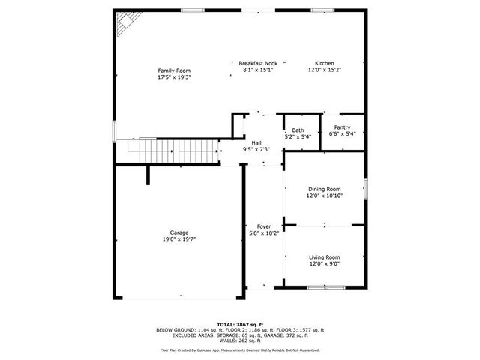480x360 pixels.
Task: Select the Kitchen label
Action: pyautogui.click(x=324, y=64)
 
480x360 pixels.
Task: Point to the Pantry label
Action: pyautogui.click(x=342, y=127)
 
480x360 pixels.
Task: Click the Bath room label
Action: pyautogui.click(x=298, y=130)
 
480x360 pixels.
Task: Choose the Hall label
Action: pyautogui.click(x=256, y=142)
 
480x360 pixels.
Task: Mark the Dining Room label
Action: pyautogui.click(x=324, y=189)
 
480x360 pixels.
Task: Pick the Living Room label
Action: pyautogui.click(x=324, y=257)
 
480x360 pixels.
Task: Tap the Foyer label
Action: pyautogui.click(x=264, y=226)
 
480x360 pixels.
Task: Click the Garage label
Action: pyautogui.click(x=178, y=232)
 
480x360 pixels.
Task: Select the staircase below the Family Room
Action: pyautogui.click(x=173, y=152)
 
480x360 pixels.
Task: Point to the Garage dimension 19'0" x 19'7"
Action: pyautogui.click(x=178, y=239)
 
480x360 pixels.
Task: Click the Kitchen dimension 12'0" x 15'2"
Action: pyautogui.click(x=324, y=70)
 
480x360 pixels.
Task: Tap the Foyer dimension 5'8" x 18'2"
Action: pyautogui.click(x=264, y=232)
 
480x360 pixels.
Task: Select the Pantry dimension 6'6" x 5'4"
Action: pyautogui.click(x=342, y=134)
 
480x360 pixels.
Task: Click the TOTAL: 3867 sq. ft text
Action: pyautogui.click(x=240, y=323)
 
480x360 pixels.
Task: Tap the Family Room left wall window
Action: pyautogui.click(x=115, y=130)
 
